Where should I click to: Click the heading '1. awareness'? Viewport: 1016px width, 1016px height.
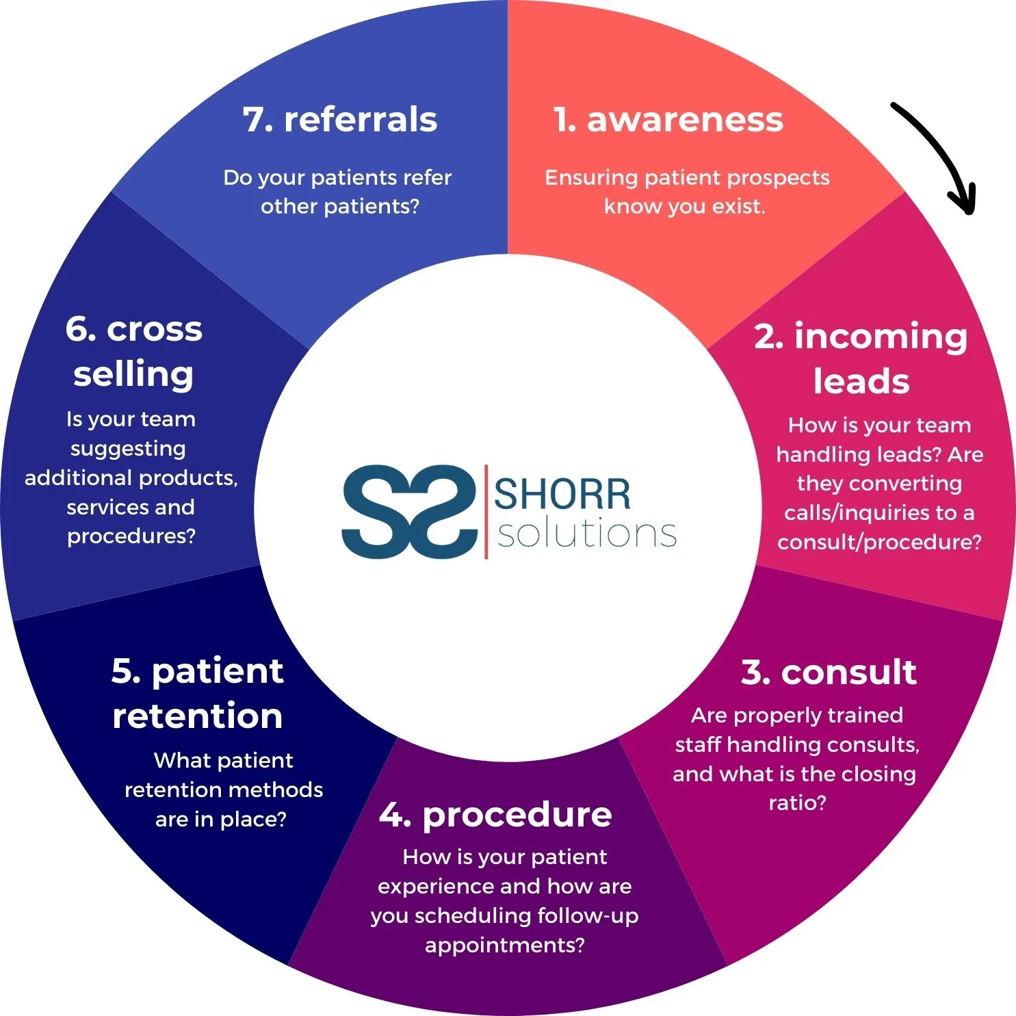pos(668,120)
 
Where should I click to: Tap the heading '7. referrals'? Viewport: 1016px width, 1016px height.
pos(340,120)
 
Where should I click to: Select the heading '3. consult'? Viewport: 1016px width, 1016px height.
pos(829,672)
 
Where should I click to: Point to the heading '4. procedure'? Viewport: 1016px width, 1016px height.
pos(495,816)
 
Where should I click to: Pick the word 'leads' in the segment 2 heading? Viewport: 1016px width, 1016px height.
pos(861,381)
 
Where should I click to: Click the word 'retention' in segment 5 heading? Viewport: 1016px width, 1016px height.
pos(198,716)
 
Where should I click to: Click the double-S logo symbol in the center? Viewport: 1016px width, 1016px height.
pos(409,511)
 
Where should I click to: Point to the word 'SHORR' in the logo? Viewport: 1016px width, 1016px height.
pos(562,494)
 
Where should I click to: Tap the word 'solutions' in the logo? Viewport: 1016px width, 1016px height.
pos(587,533)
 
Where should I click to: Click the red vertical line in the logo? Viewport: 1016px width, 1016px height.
pos(486,511)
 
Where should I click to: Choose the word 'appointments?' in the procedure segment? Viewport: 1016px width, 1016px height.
pos(505,946)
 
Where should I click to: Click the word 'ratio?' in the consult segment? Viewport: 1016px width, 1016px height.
pos(797,803)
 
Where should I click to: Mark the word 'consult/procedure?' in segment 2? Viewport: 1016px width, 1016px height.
pos(879,543)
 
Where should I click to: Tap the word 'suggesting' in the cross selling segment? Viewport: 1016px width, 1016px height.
pos(128,449)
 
